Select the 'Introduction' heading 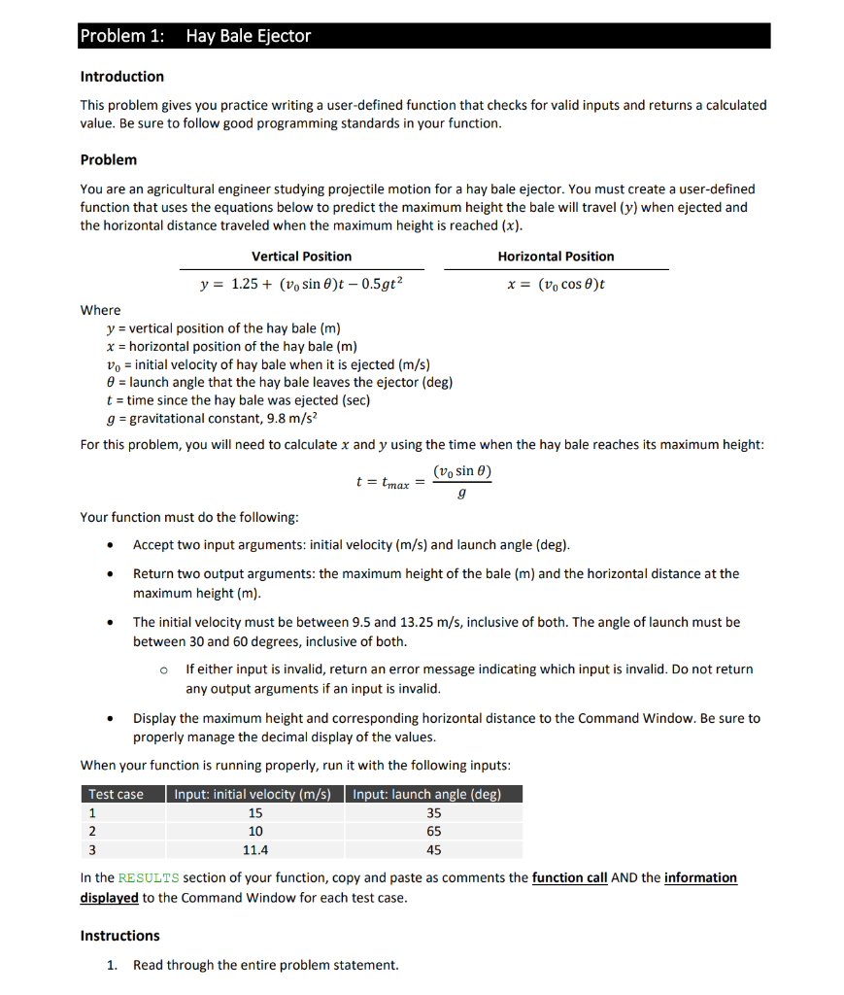click(x=121, y=77)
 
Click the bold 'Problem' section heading click(x=108, y=159)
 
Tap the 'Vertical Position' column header click(x=301, y=257)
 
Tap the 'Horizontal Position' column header click(x=556, y=257)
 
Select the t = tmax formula click(x=424, y=481)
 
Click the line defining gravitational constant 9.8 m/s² click(x=212, y=418)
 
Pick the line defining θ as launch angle click(x=279, y=382)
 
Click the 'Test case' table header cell click(x=117, y=794)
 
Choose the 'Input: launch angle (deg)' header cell click(x=427, y=794)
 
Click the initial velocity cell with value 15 click(x=255, y=813)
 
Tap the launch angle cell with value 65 click(x=433, y=832)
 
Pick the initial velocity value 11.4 click(x=255, y=850)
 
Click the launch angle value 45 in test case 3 click(x=433, y=850)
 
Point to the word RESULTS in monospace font click(x=146, y=878)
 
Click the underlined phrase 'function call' click(x=569, y=877)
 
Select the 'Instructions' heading click(x=119, y=936)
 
